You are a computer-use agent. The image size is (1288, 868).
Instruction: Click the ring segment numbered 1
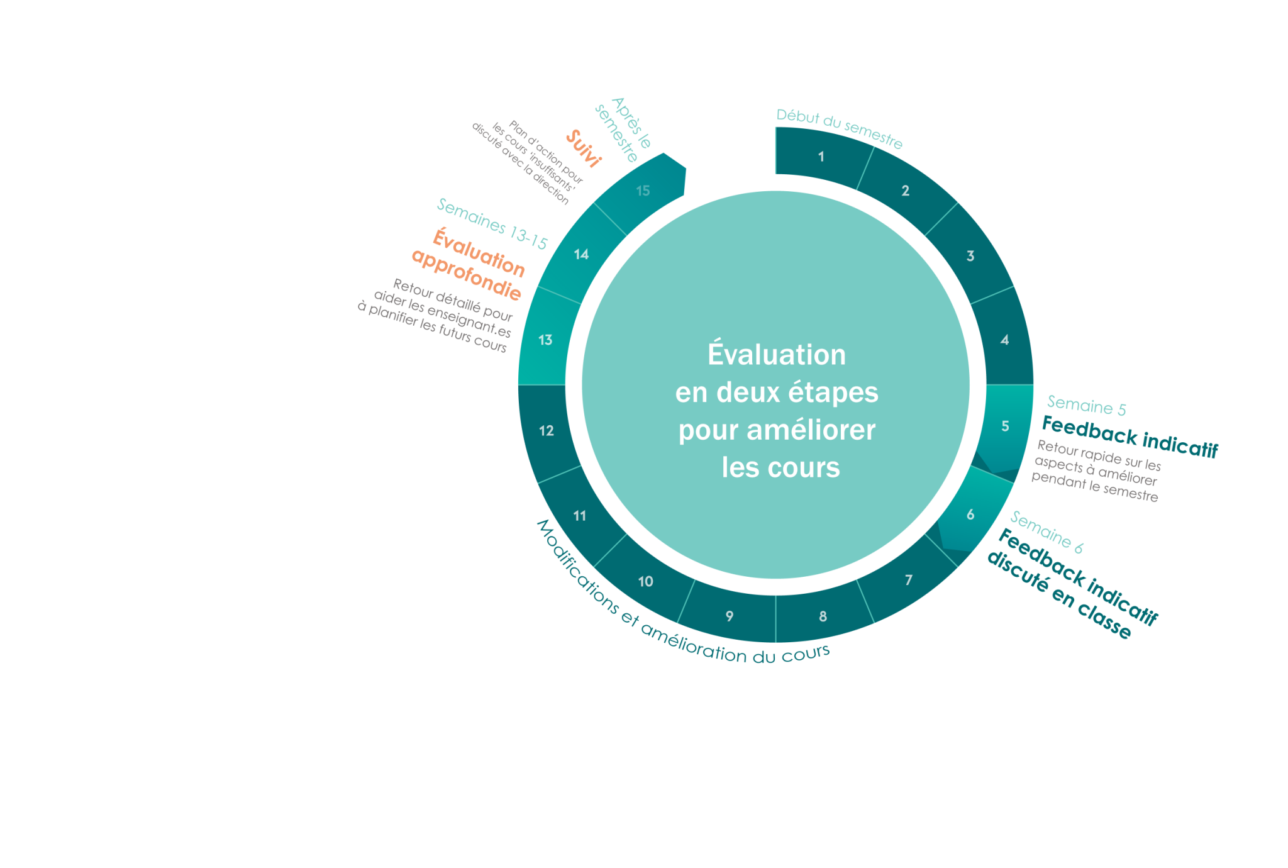[x=821, y=157]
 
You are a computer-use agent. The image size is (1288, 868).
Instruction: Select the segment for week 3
[x=970, y=256]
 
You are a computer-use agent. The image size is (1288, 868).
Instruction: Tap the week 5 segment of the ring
[x=1005, y=426]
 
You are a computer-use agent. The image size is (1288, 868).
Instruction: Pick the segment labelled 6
[x=970, y=515]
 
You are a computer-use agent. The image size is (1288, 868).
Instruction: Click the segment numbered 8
[x=823, y=616]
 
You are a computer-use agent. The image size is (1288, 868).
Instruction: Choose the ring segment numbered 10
[x=645, y=581]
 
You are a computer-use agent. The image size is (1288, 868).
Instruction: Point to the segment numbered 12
[x=546, y=431]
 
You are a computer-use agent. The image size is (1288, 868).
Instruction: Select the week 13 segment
[x=545, y=340]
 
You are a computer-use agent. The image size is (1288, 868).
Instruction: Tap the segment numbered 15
[x=643, y=191]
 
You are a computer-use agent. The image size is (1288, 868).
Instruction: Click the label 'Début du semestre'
[x=839, y=128]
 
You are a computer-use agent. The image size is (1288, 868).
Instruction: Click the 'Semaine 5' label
[x=1086, y=406]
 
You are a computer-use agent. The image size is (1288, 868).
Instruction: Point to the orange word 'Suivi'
[x=584, y=148]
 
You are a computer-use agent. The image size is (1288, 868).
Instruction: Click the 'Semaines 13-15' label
[x=492, y=224]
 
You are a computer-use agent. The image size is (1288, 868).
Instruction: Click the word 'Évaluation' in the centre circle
[x=777, y=354]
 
